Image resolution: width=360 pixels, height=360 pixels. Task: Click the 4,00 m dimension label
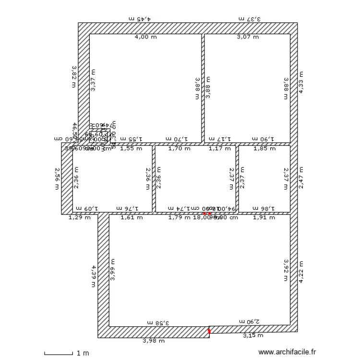pos(145,37)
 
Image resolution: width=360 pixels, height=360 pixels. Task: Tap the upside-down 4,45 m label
pos(140,19)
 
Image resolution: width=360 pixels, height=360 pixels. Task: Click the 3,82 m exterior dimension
pos(74,77)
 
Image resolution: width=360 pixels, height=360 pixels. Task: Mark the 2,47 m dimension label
pos(301,178)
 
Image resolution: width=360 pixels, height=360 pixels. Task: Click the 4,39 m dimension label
pos(94,276)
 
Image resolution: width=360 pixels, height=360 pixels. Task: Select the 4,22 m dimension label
pos(301,272)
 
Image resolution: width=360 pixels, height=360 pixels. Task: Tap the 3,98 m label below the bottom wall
pos(154,341)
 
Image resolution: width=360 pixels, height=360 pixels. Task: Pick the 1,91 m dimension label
pos(264,217)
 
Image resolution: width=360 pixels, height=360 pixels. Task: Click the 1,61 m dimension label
pos(131,217)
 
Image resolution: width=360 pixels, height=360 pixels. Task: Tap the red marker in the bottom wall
pos(209,331)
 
